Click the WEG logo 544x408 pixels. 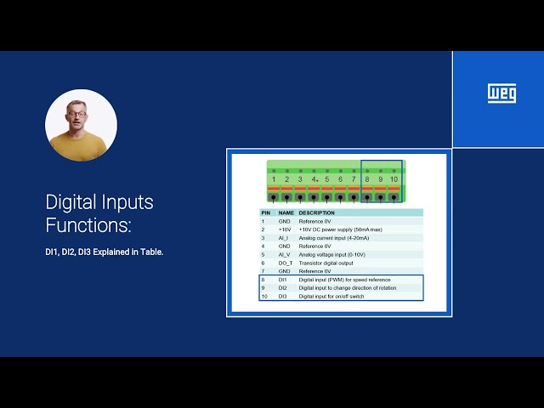click(501, 93)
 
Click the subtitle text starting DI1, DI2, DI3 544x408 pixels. click(104, 252)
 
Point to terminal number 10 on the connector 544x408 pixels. click(394, 179)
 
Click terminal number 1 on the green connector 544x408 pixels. click(274, 179)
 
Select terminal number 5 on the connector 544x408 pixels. click(326, 179)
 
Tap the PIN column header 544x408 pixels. click(265, 213)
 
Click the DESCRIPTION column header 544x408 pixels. click(316, 213)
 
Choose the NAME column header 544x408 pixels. click(286, 213)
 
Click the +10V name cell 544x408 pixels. click(285, 229)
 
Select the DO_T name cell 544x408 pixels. click(286, 263)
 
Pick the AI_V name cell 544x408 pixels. click(285, 254)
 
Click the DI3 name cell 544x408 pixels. click(284, 296)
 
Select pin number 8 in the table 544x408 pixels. click(263, 280)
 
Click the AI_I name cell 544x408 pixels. click(284, 238)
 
